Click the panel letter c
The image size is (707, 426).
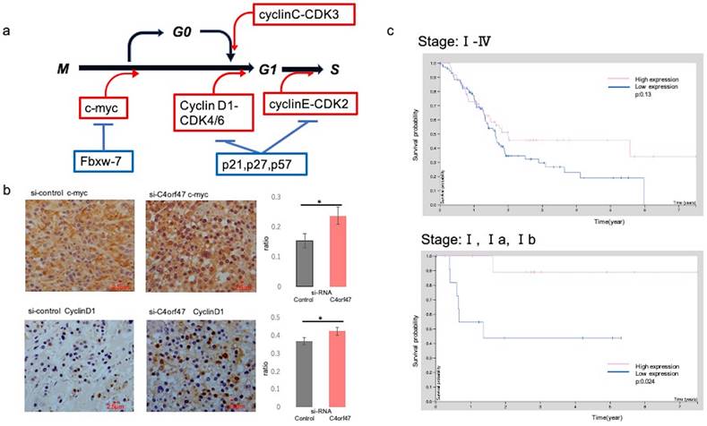(391, 31)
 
